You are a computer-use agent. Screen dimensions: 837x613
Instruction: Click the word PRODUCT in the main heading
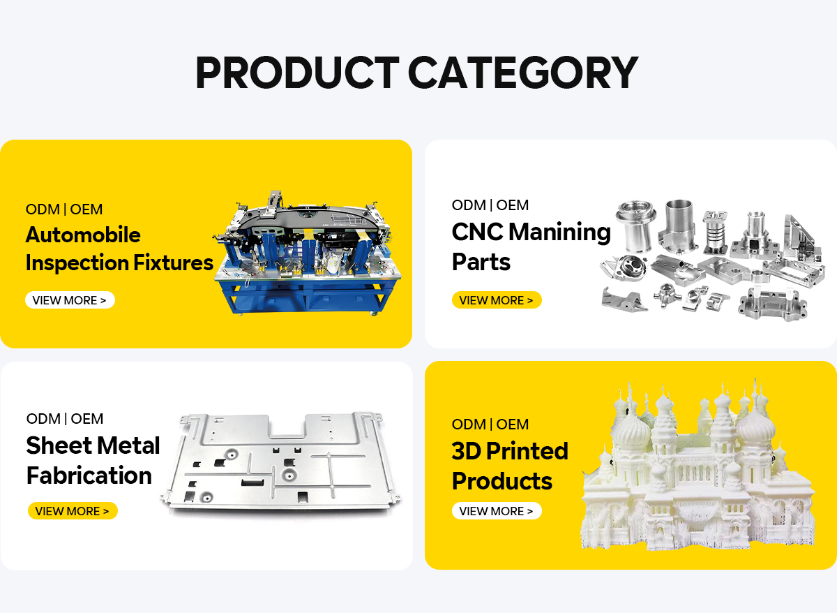pos(297,72)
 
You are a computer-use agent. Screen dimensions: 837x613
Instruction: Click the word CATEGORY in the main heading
pos(522,72)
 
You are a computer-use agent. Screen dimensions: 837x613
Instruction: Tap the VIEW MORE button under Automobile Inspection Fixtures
pos(70,300)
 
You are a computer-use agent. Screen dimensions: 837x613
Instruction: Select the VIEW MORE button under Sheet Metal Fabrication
pos(73,511)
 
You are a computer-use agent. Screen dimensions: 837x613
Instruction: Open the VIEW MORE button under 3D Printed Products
pos(497,511)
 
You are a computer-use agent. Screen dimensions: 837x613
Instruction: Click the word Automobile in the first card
pos(83,235)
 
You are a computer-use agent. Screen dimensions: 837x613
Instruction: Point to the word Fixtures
pos(174,263)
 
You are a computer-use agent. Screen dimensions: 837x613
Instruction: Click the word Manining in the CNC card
pos(559,232)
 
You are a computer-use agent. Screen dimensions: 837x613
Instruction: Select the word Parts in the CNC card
pos(481,261)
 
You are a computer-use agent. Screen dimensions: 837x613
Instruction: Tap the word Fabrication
pos(89,475)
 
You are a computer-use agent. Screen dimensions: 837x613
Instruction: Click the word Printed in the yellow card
pos(527,451)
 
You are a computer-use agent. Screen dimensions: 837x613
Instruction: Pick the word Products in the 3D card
pos(502,480)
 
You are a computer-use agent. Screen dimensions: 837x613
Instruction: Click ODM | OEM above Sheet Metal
pos(65,418)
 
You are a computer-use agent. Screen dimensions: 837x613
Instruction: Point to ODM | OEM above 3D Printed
pos(490,424)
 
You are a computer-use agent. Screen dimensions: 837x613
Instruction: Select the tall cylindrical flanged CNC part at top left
pos(635,226)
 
